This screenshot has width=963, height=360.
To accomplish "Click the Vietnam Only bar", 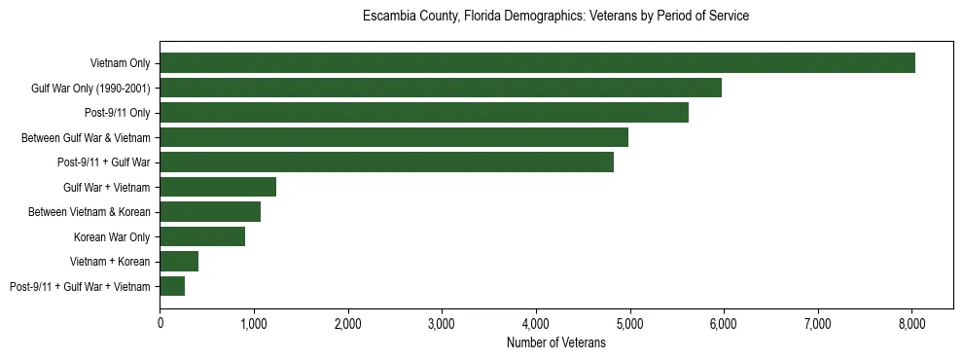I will (x=537, y=63).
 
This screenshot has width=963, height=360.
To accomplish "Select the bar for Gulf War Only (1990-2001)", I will (x=441, y=88).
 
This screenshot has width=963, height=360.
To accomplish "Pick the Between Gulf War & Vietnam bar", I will (x=394, y=137).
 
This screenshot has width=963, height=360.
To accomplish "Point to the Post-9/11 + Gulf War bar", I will (x=387, y=162).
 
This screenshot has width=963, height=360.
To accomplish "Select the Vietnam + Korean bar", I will (x=179, y=262).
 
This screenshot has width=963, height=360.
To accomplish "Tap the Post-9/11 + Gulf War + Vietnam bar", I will (x=172, y=286).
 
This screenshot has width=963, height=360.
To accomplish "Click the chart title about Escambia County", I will (x=555, y=17).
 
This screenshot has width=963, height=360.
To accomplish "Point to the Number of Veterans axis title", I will (x=556, y=342).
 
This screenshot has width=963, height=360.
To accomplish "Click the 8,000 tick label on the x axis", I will (x=911, y=322).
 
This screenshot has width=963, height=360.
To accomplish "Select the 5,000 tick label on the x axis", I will (x=629, y=322).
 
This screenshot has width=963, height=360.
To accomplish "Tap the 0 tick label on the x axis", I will (x=160, y=322).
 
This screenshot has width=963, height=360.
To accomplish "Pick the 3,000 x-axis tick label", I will (x=442, y=322).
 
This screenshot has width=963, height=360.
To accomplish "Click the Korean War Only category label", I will (x=111, y=236).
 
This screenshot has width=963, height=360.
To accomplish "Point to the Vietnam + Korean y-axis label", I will (x=110, y=262).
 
